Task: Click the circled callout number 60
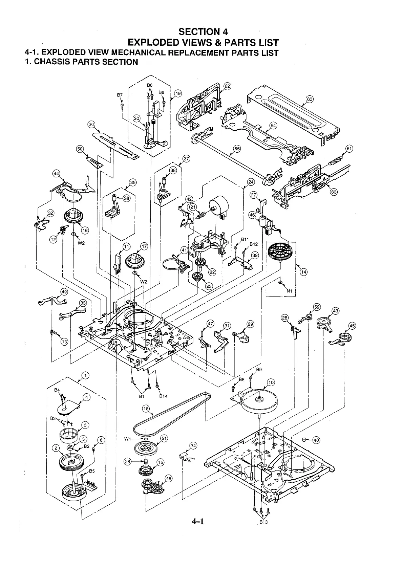coord(310,99)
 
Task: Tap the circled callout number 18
coord(146,409)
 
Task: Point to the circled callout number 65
coord(237,149)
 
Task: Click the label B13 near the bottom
coord(263,522)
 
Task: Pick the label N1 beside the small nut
coord(289,291)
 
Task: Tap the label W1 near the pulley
coord(128,439)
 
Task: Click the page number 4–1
coord(198,521)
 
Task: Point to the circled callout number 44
coord(56,174)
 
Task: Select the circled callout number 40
coord(316,440)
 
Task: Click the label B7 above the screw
coord(120,95)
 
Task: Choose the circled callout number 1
coord(85,375)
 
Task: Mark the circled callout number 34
coord(193,445)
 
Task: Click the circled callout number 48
coord(169,478)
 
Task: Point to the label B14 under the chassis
coord(163,396)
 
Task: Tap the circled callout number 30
coord(91,125)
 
